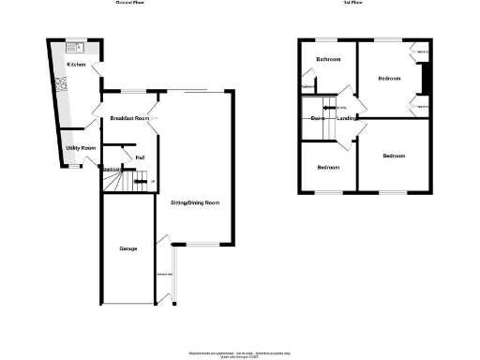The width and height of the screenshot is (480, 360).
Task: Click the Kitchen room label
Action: point(76,64)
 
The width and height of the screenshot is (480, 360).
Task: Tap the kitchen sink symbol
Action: point(73,47)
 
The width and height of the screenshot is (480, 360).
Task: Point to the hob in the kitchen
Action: point(64,84)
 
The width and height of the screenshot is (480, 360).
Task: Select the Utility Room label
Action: point(81,148)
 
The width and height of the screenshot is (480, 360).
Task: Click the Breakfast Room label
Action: point(129,118)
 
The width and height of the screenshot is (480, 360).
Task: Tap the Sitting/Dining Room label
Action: point(194,202)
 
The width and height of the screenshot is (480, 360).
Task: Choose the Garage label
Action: point(128,248)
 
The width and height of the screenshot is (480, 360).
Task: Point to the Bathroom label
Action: point(327,60)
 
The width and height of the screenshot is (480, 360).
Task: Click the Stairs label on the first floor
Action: point(317,118)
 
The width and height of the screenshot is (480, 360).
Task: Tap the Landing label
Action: point(345,118)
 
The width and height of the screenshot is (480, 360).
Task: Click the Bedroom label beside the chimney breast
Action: point(391,79)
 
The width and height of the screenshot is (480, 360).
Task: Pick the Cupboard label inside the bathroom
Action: point(307,88)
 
